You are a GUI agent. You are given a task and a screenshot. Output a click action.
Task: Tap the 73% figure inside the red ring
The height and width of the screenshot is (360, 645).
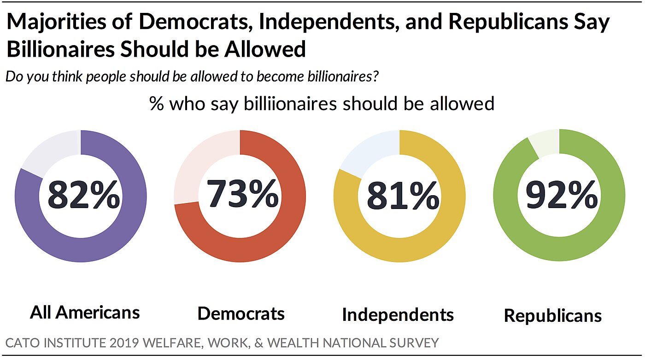coord(242,195)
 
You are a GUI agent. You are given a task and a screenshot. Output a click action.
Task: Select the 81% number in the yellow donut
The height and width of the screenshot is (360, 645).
coord(402,197)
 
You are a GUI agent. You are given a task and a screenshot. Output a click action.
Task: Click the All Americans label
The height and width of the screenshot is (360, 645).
coord(85,313)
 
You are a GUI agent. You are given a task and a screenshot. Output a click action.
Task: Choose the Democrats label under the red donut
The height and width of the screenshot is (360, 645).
coord(241,314)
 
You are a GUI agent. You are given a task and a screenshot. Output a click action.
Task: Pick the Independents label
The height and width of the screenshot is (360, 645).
coord(398,314)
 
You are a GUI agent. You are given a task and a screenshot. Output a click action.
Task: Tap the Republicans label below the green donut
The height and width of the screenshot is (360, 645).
coord(553,316)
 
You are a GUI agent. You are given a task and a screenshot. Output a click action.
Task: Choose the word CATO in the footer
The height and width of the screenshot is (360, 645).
coord(19,343)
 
